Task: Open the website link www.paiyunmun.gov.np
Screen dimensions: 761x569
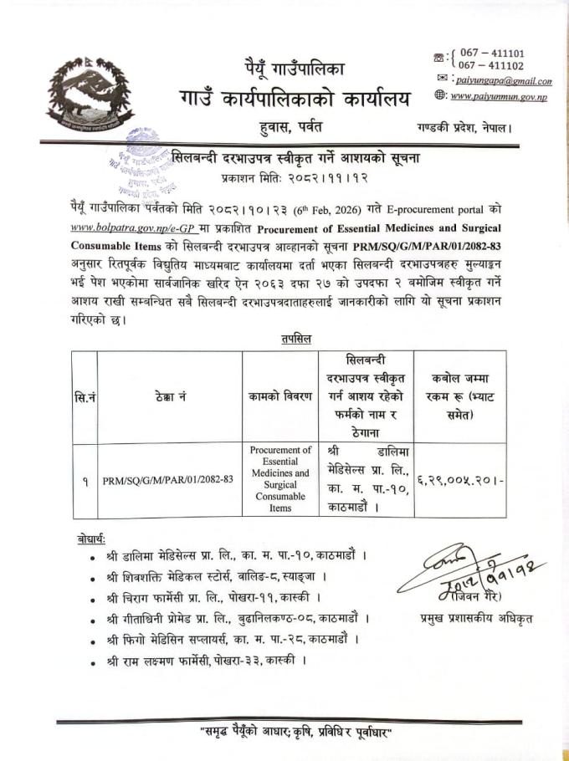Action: pyautogui.click(x=500, y=96)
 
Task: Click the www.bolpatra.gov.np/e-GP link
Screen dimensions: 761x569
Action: pyautogui.click(x=123, y=227)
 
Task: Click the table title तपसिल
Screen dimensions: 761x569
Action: pyautogui.click(x=290, y=338)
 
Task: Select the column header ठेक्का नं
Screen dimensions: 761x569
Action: pyautogui.click(x=170, y=395)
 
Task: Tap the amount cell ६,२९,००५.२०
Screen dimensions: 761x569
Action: pyautogui.click(x=459, y=480)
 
